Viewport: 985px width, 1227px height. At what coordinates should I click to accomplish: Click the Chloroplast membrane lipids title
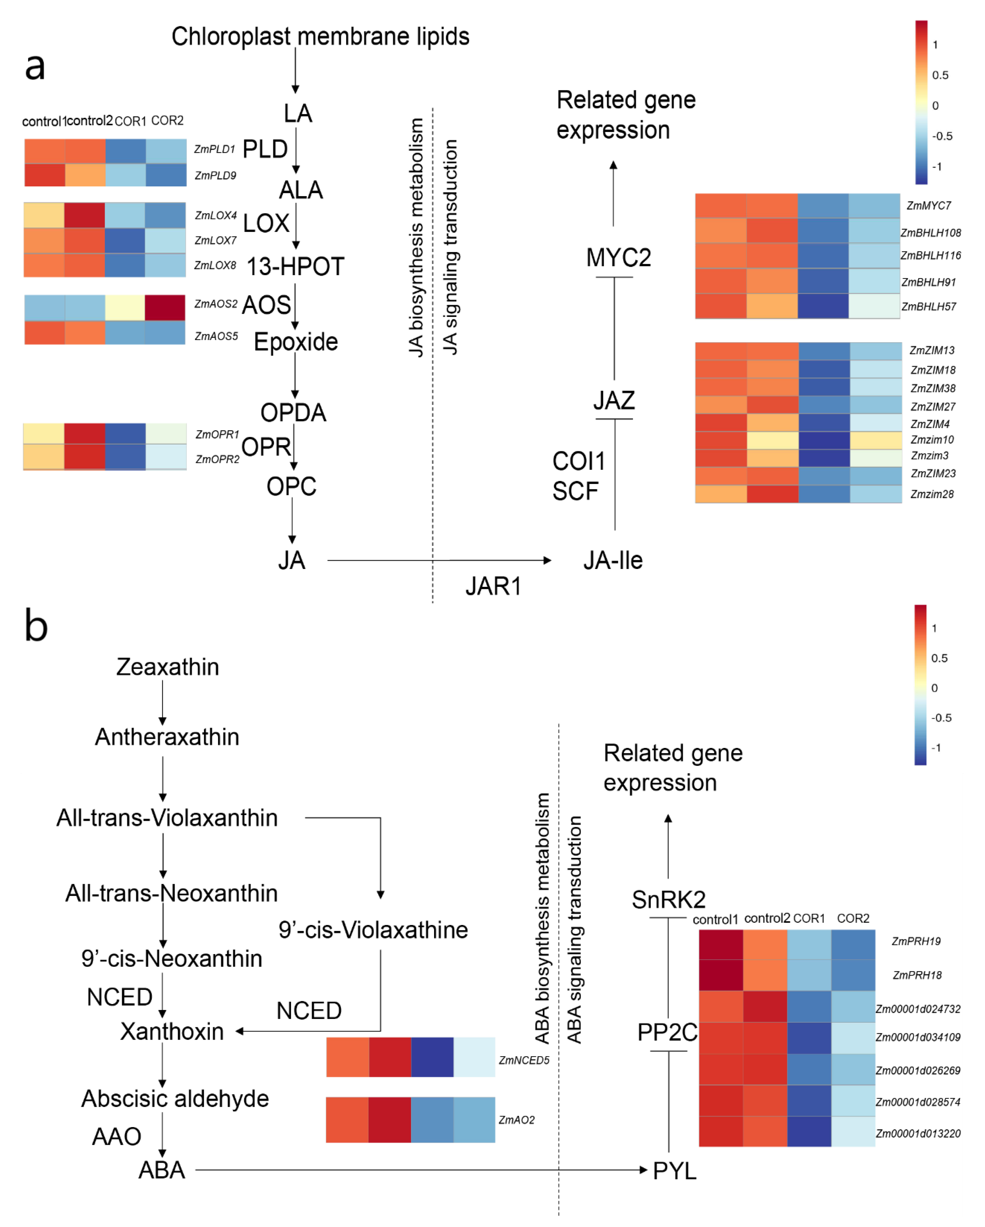pyautogui.click(x=320, y=37)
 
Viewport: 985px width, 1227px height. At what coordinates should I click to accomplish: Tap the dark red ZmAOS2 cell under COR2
pyautogui.click(x=165, y=307)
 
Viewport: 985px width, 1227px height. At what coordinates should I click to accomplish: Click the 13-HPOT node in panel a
pyautogui.click(x=295, y=266)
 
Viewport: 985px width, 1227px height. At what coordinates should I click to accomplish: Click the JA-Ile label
pyautogui.click(x=613, y=561)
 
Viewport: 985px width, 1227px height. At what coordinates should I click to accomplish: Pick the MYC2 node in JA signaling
pyautogui.click(x=619, y=258)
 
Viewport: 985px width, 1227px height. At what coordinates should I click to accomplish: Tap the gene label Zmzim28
pyautogui.click(x=932, y=494)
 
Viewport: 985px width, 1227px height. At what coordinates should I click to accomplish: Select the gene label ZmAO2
pyautogui.click(x=516, y=1120)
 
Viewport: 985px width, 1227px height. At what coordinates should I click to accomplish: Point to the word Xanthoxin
pyautogui.click(x=172, y=1031)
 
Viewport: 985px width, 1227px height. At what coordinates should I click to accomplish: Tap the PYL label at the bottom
pyautogui.click(x=674, y=1171)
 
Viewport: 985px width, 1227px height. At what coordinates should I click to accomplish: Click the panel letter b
pyautogui.click(x=36, y=626)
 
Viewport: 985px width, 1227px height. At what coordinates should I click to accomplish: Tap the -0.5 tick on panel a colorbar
pyautogui.click(x=942, y=136)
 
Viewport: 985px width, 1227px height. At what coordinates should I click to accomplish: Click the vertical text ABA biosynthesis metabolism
pyautogui.click(x=542, y=918)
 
